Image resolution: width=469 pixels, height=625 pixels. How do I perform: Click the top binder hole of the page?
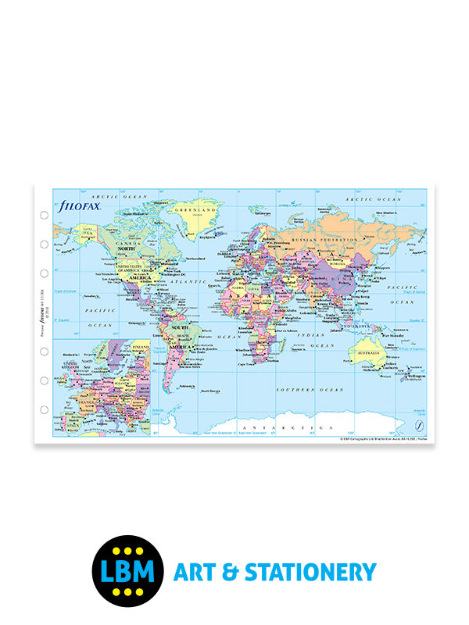(44, 215)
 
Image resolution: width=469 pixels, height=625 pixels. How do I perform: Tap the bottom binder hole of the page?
(44, 409)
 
